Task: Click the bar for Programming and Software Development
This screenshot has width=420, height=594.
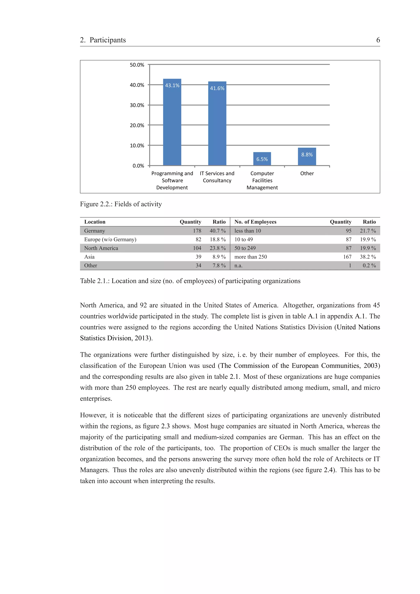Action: tap(172, 124)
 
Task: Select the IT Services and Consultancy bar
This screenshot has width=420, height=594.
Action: tap(217, 127)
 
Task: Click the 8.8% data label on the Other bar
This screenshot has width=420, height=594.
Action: tap(307, 155)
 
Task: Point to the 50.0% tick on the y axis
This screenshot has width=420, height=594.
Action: tap(137, 65)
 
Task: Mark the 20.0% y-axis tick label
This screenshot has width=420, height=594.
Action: tap(137, 125)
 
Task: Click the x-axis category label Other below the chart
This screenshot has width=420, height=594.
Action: tap(307, 173)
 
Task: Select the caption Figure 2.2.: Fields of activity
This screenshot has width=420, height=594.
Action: tap(121, 204)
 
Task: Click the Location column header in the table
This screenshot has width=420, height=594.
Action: tap(95, 222)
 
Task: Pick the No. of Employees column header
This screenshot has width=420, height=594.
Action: tap(255, 222)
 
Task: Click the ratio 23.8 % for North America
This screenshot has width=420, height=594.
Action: tap(217, 248)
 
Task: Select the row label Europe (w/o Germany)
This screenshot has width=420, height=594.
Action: tap(110, 239)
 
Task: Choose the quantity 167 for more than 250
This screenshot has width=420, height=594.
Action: tap(347, 257)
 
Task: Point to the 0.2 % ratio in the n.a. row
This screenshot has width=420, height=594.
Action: tap(369, 265)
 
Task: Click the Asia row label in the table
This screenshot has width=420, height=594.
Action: tap(89, 257)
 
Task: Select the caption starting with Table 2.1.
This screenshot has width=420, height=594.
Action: tap(190, 281)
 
